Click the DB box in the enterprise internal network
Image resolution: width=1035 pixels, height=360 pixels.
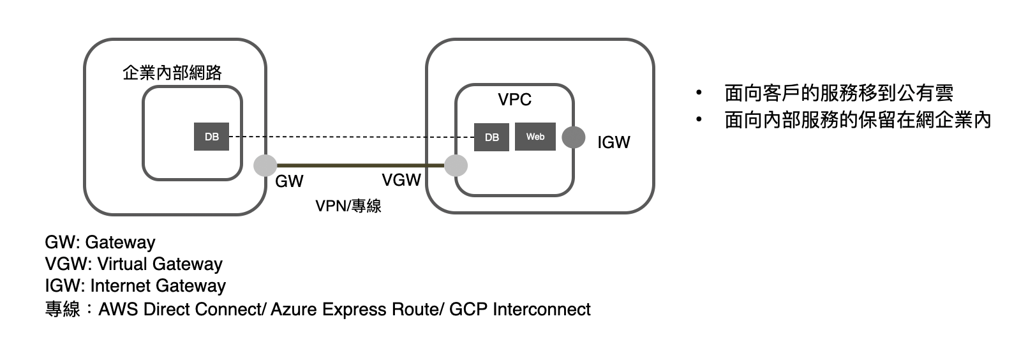coord(211,137)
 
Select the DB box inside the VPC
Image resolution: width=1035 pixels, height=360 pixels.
coord(491,137)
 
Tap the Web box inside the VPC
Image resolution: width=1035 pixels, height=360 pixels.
coord(535,137)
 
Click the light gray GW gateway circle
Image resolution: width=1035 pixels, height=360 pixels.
coord(265,165)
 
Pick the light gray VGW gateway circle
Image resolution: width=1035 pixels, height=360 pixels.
coord(456,165)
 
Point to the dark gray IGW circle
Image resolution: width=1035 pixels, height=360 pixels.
coord(574,137)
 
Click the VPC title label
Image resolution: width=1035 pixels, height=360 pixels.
coord(514,100)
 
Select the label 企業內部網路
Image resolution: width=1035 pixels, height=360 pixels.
coord(172,73)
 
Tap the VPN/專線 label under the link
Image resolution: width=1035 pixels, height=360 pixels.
coord(348,206)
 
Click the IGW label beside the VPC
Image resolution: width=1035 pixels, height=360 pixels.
coord(613,142)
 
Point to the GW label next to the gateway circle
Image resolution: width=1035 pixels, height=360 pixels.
coord(289,181)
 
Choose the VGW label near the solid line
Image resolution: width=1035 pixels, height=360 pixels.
coord(401,180)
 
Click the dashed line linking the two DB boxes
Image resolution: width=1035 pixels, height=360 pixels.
coord(351,137)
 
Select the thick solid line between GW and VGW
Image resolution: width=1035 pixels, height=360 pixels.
coord(361,165)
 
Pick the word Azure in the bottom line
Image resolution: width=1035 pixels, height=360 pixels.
coord(294,310)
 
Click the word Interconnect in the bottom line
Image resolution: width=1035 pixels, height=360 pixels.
coord(542,310)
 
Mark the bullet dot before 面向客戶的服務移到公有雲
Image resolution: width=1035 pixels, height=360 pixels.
coord(699,93)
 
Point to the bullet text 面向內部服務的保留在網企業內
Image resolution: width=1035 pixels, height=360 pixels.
coord(858,120)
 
